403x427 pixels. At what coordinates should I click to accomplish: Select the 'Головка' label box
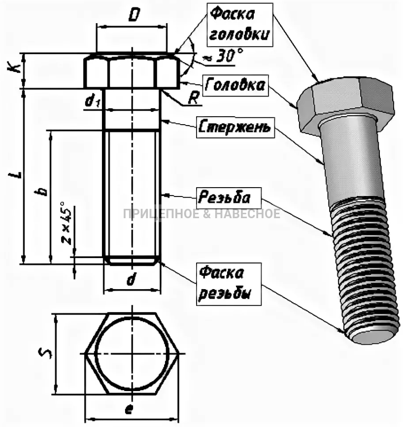235,85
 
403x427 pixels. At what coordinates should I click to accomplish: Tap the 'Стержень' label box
235,128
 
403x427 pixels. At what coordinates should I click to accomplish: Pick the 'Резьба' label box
224,197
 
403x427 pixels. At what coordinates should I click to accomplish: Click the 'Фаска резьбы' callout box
225,282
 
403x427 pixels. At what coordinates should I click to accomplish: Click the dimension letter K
16,68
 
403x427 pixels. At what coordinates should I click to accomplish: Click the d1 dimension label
92,101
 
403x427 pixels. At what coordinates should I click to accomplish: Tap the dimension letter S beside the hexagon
45,353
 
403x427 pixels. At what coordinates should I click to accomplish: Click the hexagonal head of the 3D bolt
347,103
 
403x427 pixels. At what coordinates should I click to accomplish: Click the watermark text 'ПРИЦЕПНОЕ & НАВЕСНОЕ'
201,214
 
